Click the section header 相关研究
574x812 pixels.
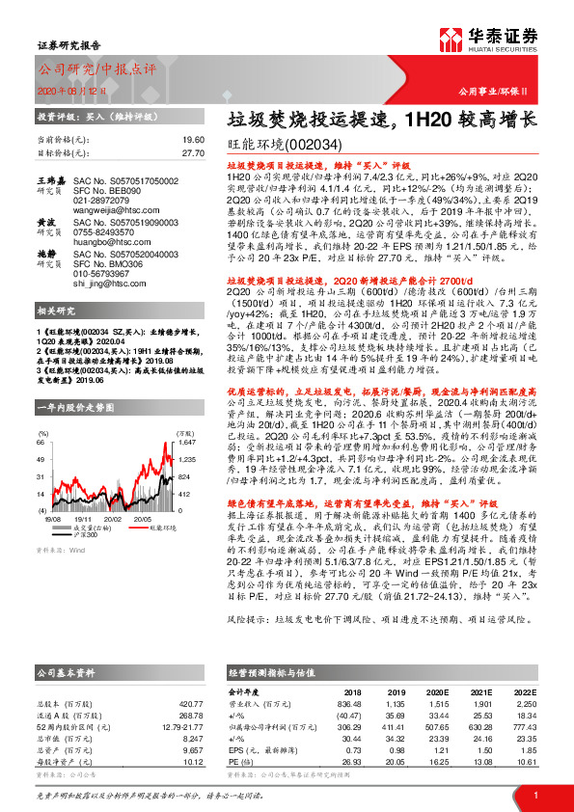[57, 311]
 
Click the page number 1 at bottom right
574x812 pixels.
[534, 794]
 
